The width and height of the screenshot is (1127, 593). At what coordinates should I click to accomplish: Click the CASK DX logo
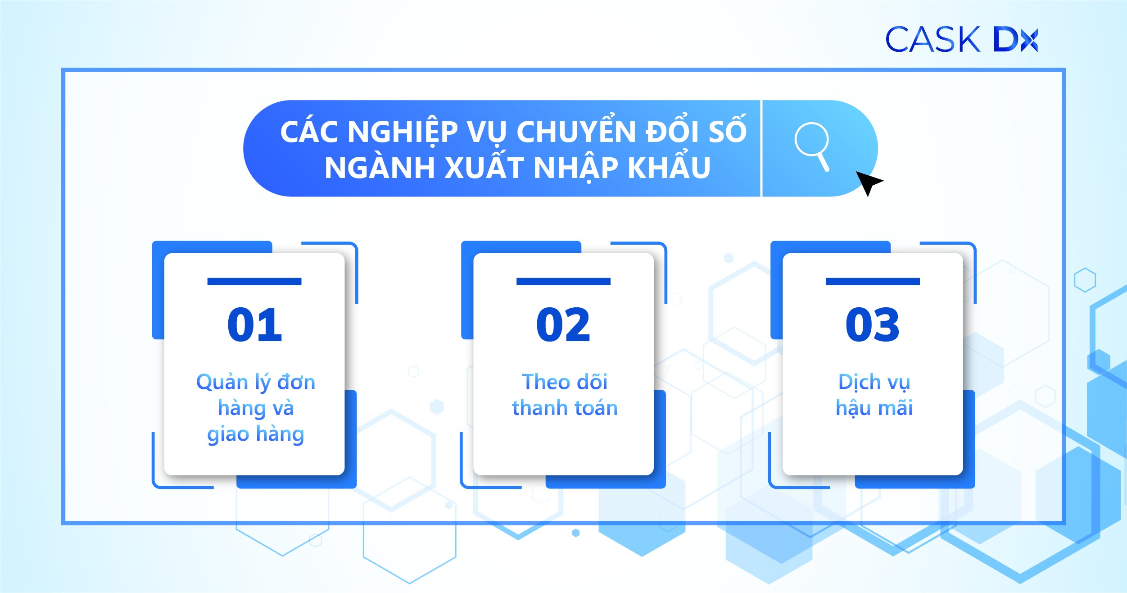pyautogui.click(x=961, y=39)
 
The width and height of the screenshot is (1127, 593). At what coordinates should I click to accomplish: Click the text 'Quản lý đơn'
pyautogui.click(x=255, y=383)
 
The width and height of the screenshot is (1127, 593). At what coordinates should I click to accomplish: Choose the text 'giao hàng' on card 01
pyautogui.click(x=255, y=434)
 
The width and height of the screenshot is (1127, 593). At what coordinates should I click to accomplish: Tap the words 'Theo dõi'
pyautogui.click(x=564, y=382)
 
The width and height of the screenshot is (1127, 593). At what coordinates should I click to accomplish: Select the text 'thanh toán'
pyautogui.click(x=564, y=408)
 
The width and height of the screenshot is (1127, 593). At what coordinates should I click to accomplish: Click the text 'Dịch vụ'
pyautogui.click(x=874, y=382)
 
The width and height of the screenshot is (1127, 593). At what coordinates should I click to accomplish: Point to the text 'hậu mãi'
pyautogui.click(x=874, y=408)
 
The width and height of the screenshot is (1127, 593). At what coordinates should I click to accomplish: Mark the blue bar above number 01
pyautogui.click(x=254, y=282)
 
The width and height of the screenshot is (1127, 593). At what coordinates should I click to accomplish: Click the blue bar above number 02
pyautogui.click(x=563, y=282)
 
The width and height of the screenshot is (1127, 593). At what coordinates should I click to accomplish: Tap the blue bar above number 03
pyautogui.click(x=873, y=282)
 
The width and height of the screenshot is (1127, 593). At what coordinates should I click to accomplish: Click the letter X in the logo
pyautogui.click(x=1029, y=40)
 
